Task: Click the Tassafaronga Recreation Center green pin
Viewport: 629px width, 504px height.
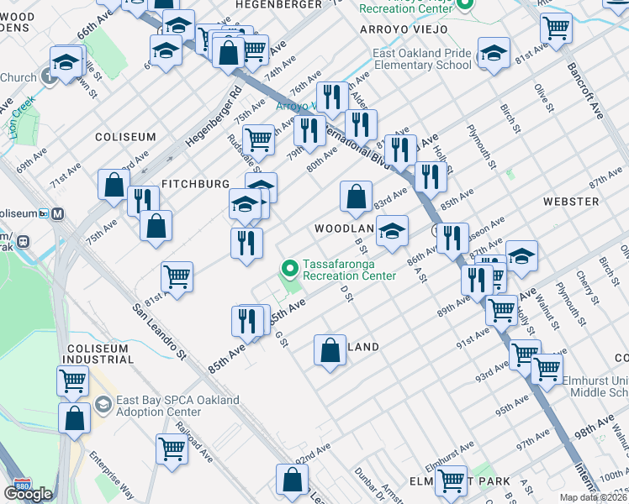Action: (x=290, y=270)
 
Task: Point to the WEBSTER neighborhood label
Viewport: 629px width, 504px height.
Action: (x=571, y=202)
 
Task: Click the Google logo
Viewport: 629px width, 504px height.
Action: (x=28, y=494)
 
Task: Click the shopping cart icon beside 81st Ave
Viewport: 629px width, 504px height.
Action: (x=177, y=276)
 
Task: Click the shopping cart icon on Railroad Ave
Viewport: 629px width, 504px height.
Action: (x=172, y=449)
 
